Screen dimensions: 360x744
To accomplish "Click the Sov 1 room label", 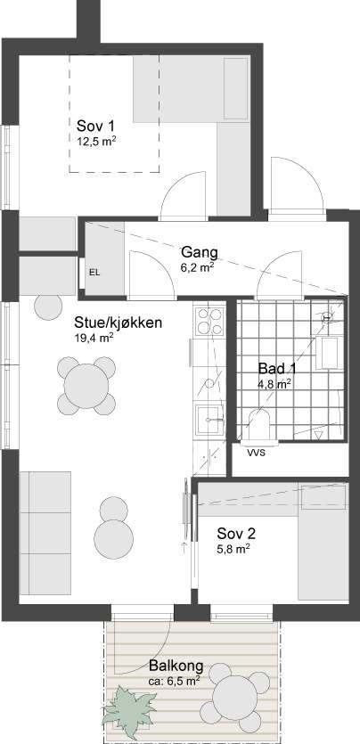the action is [x=95, y=127].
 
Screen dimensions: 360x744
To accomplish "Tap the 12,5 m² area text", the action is [x=97, y=141].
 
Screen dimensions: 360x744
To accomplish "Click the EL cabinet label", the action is [x=94, y=273].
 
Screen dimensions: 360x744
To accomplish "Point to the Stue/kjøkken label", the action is [x=119, y=323].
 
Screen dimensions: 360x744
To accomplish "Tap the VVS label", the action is [x=256, y=452].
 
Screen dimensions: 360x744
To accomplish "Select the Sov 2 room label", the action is [x=236, y=535].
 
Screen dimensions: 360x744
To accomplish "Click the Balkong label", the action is [x=176, y=666].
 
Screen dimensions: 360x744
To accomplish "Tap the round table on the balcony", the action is [x=234, y=697].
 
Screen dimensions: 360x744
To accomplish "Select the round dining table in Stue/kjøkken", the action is [x=86, y=385].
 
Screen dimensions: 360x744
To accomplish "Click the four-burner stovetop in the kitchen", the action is [x=209, y=322].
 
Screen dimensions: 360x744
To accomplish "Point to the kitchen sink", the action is [x=209, y=418].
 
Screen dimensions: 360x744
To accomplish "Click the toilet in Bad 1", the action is [x=259, y=425].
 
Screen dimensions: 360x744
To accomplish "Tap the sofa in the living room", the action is [x=45, y=532].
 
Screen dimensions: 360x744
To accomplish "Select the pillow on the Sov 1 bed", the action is [x=236, y=88].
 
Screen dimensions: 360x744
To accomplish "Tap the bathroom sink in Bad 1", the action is [x=330, y=352].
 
